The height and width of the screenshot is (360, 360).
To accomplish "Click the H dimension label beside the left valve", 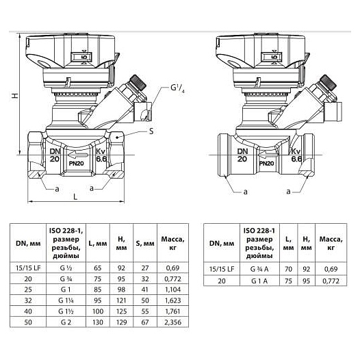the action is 15,95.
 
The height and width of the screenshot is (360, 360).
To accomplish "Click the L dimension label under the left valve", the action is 75,196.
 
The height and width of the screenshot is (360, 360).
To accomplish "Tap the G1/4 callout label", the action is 177,88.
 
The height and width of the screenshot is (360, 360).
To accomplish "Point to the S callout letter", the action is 151,131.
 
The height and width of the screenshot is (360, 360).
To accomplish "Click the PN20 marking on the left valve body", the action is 77,164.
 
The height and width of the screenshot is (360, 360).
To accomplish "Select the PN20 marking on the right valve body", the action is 266,164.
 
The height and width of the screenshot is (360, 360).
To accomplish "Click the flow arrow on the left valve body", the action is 78,155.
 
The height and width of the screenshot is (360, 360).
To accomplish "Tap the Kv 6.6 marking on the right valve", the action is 296,155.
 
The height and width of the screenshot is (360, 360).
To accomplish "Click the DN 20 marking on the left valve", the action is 55,155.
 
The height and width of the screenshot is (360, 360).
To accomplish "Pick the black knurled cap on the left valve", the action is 138,82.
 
